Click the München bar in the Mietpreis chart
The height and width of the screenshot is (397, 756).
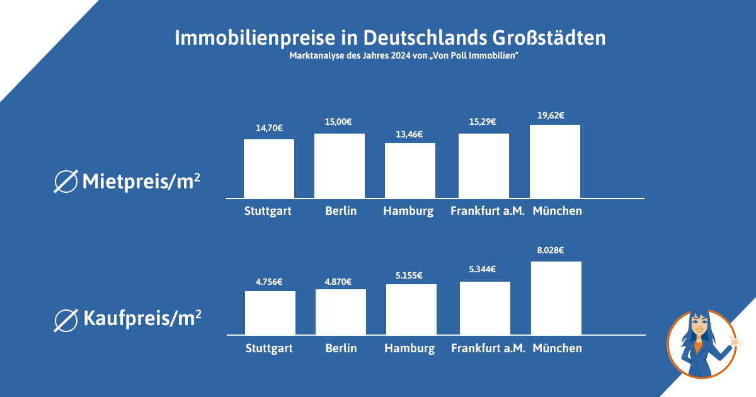pos(555,161)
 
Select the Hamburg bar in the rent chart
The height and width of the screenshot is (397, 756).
pos(410,170)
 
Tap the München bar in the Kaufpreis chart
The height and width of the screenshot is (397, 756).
pos(556,297)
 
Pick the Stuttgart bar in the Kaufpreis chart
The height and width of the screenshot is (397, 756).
pos(270,313)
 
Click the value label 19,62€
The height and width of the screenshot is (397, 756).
pos(550,115)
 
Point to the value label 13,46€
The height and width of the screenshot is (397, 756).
pos(409,134)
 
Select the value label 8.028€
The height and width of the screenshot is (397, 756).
pos(550,251)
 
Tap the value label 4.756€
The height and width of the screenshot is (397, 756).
pos(269,282)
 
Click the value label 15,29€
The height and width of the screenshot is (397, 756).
pos(483,122)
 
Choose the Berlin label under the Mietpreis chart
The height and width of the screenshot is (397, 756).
pos(341,211)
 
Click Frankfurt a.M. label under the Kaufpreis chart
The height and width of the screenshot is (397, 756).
pos(488,348)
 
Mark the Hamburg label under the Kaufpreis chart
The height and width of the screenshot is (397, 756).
pos(409,348)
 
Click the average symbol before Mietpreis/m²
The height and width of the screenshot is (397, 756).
pos(66,181)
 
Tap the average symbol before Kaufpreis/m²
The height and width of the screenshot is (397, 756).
pos(66,320)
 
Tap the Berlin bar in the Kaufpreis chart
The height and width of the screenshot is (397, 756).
pos(341,312)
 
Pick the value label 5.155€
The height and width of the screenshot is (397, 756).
pos(410,275)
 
